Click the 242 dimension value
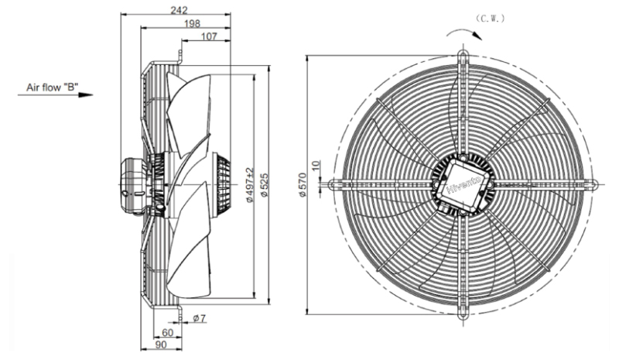point(179,9)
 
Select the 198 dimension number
point(192,23)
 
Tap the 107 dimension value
point(209,36)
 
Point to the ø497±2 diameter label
point(250,185)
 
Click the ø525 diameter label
point(265,185)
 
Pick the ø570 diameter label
point(303,185)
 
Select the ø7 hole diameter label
point(200,317)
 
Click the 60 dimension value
point(168,332)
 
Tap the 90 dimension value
point(161,345)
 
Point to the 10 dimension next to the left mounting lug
point(315,165)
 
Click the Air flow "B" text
point(52,87)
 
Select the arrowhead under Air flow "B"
point(86,95)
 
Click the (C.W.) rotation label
point(490,19)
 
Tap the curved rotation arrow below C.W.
point(464,32)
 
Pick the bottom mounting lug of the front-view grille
point(463,312)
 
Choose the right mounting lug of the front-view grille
point(592,183)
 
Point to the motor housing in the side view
point(133,184)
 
